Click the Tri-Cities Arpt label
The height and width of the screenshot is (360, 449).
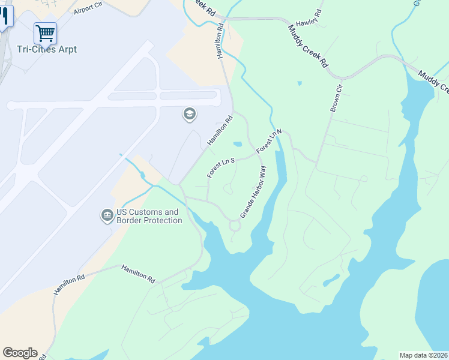pos(47,49)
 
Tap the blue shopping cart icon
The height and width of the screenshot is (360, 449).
pos(45,32)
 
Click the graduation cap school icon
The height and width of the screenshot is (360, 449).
pos(190,114)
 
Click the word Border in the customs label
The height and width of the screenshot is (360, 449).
pos(129,221)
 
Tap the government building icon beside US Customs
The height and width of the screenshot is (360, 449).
pos(107,215)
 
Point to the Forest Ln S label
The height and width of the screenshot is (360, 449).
pos(220,167)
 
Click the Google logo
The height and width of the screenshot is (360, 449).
pos(20,353)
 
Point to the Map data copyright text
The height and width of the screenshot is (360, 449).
pos(423,355)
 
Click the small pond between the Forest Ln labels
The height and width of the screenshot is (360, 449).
pos(237,144)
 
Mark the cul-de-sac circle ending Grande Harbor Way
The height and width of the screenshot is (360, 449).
pos(235,226)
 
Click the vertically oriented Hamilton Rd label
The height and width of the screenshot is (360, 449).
pos(220,41)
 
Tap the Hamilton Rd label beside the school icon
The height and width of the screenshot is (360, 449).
pos(220,131)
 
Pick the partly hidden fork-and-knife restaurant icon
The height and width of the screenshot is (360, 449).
pos(5,15)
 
